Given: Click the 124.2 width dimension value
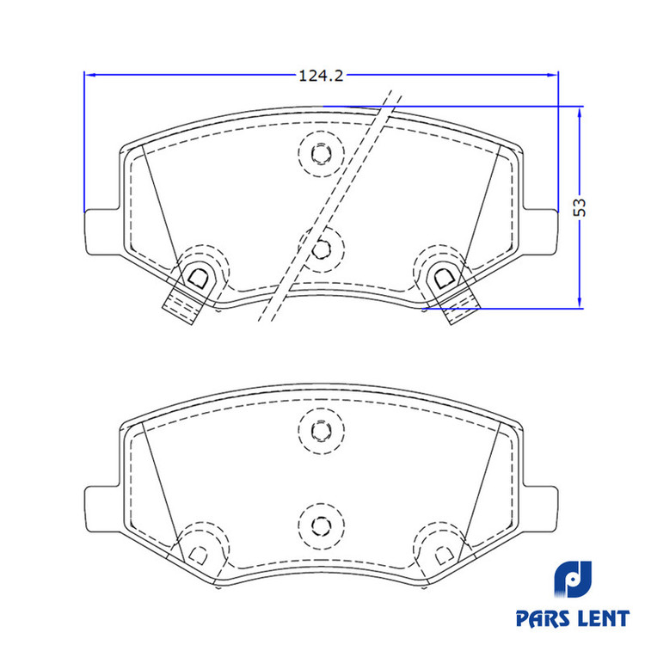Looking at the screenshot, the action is (321, 76).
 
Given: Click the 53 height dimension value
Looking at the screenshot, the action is (580, 207).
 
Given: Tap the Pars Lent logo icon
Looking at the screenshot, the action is (573, 579).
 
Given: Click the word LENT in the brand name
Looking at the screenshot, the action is (604, 618).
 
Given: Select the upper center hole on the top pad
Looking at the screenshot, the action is (322, 154).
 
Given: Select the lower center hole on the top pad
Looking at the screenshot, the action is (322, 249).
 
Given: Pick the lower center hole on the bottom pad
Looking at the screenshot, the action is (322, 525).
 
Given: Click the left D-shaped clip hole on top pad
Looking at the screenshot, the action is (198, 278).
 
